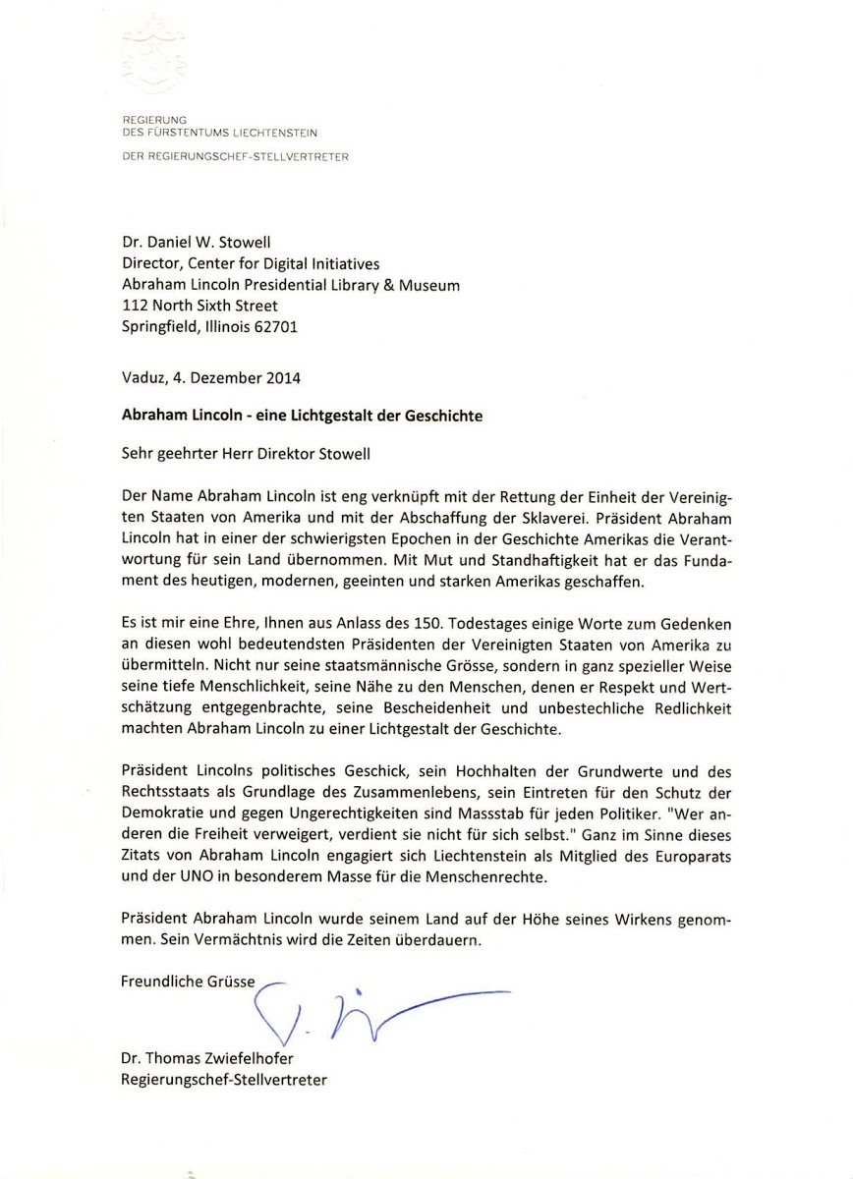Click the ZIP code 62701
click(277, 326)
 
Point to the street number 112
click(134, 306)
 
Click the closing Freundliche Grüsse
click(188, 981)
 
